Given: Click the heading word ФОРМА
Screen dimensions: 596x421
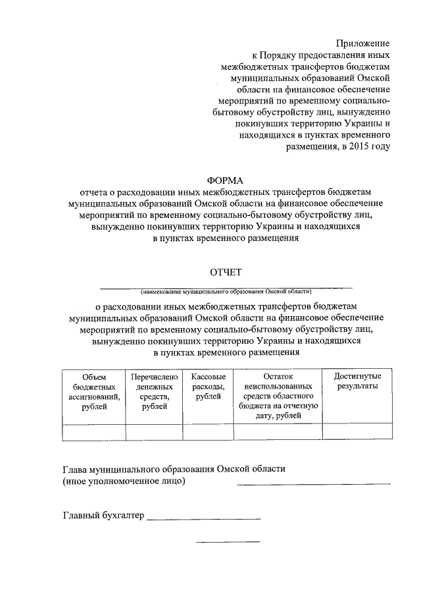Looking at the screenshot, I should (225, 180).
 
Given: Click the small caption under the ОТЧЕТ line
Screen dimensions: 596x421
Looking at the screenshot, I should (226, 290).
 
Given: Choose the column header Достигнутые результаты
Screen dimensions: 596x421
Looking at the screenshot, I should (357, 381).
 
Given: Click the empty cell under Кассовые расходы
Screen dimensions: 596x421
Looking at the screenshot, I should (209, 432).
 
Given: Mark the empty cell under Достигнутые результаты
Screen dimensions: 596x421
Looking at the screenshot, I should (357, 432).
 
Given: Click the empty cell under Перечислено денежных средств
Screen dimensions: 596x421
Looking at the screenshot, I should (155, 432).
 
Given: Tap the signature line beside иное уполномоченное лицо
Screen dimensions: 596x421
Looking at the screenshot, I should (313, 484).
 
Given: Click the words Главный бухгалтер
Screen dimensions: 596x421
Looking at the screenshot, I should (103, 516).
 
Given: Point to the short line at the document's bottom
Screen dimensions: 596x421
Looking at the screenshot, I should (228, 542).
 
